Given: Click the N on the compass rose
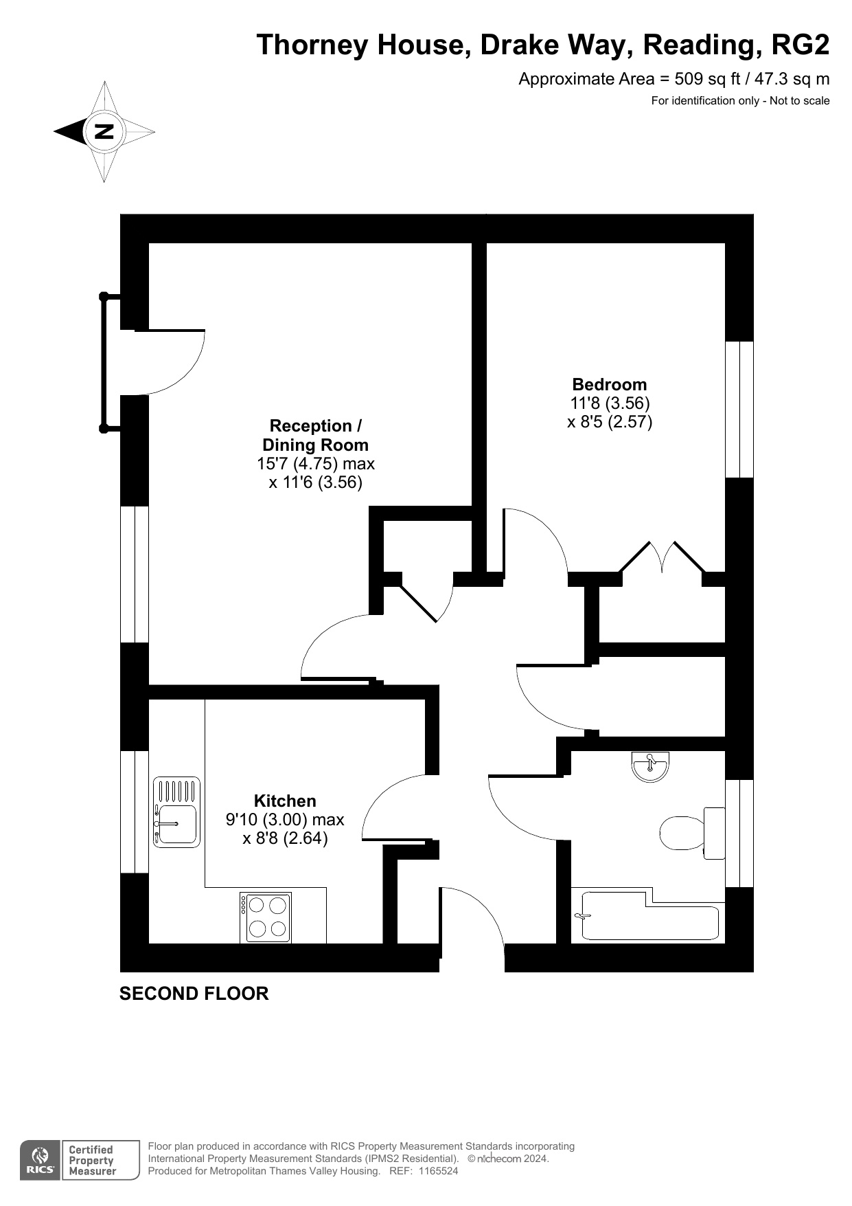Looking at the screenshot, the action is point(104,131).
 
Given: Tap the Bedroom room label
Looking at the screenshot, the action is point(610,384).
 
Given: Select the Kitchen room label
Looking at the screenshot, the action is point(285,801).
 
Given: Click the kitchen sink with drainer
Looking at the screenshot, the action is point(177,812).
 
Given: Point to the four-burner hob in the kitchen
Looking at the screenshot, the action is point(266,917).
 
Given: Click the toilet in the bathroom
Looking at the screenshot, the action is point(692,833).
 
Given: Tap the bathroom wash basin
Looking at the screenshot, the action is point(650,766).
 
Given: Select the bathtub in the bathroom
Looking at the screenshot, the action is point(649,916).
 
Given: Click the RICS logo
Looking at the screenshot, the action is point(41,1160).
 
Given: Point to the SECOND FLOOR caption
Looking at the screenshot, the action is point(194,994).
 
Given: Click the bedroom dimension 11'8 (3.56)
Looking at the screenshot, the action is point(610,403).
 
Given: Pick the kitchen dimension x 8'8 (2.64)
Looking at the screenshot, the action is point(285,838).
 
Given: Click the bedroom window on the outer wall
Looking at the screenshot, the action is point(739,409).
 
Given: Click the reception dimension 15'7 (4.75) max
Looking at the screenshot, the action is point(316,464).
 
